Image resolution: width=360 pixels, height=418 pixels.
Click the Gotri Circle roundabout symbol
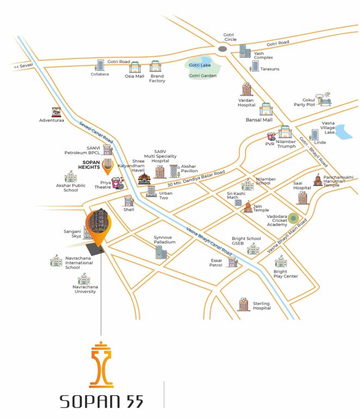(222, 49)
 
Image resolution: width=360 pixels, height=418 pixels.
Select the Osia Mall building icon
(135, 67)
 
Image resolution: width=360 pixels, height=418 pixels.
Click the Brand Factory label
(157, 78)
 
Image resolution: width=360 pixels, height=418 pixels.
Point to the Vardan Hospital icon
(247, 90)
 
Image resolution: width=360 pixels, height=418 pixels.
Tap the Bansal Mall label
(259, 119)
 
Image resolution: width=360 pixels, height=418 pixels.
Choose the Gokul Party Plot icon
(326, 101)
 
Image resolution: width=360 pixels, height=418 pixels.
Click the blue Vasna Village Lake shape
(343, 131)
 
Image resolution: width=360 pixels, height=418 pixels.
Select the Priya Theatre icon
(117, 183)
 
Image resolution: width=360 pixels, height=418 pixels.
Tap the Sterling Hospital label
(261, 306)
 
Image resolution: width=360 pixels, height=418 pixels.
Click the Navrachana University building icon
(84, 279)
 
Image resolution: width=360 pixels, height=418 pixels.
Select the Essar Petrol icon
(234, 263)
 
